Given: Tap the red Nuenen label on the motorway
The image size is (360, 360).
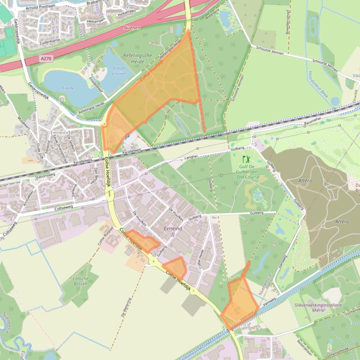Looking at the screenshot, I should pos(132,28).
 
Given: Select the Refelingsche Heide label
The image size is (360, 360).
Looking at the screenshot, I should pos(138,58).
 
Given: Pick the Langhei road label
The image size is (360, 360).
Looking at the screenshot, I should pos(191,158).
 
